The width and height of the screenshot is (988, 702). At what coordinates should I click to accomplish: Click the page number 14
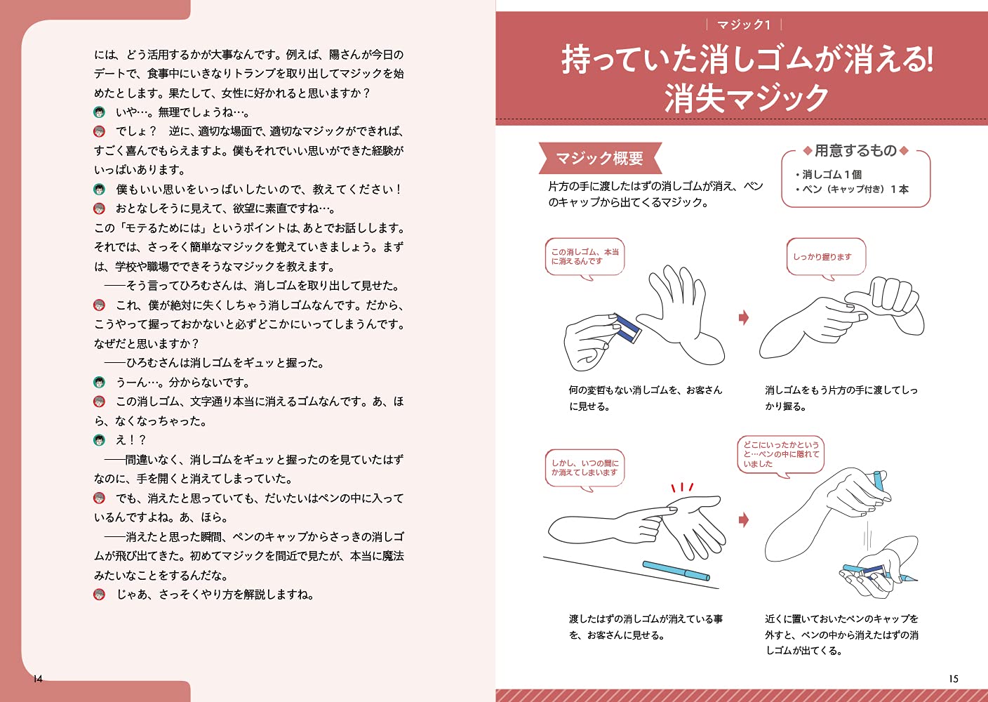tap(38, 679)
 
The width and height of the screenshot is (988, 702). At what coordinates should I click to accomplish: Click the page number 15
tap(953, 679)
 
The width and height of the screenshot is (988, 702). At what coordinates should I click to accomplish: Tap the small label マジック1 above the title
tap(744, 25)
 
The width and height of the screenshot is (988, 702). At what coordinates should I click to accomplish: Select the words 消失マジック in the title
tap(747, 98)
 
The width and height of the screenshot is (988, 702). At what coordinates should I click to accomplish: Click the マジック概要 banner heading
tap(599, 159)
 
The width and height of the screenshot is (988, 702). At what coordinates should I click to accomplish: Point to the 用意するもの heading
tap(855, 150)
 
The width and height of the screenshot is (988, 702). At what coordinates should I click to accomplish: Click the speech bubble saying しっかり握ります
tap(825, 257)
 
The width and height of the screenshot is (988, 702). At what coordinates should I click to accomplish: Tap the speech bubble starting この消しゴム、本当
tap(585, 257)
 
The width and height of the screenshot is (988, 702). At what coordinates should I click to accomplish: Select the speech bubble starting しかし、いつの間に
tap(584, 468)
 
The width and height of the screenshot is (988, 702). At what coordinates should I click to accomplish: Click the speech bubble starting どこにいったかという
tap(780, 454)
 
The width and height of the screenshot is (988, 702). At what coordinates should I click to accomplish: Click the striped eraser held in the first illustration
tap(626, 328)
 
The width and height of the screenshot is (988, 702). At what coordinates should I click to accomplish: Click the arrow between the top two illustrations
tap(744, 317)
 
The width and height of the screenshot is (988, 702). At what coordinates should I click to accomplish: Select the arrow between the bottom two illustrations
tap(744, 519)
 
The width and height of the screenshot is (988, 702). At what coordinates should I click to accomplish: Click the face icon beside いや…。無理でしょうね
tap(100, 112)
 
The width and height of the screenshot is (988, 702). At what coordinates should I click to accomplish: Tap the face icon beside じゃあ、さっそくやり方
tap(100, 595)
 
